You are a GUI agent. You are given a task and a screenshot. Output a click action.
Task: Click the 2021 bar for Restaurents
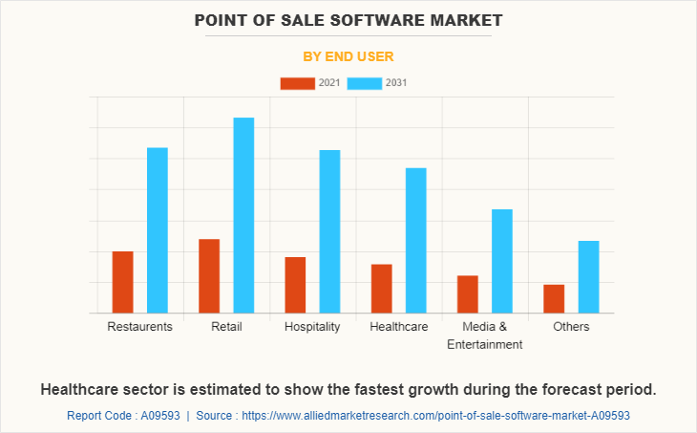122,282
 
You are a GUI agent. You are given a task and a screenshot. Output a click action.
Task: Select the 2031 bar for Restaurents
158,230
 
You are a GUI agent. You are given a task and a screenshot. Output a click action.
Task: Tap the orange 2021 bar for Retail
209,275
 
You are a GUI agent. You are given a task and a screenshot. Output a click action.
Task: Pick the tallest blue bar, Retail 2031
243,215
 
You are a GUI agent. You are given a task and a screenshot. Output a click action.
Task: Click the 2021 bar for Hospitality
295,285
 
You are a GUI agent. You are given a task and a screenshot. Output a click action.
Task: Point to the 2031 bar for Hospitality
329,231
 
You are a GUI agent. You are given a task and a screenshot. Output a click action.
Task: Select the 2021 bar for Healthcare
382,289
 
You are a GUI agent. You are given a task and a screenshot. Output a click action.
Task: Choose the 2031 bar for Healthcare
416,240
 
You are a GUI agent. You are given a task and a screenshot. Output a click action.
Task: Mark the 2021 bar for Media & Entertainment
468,294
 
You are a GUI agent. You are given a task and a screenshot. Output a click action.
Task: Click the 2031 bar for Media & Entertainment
502,261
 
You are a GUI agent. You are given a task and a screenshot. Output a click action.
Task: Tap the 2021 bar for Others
554,298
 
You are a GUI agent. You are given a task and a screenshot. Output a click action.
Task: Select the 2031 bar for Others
588,276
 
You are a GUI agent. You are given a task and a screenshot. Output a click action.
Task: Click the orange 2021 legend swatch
297,83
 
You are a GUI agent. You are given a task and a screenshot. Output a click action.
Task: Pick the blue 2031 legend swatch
365,83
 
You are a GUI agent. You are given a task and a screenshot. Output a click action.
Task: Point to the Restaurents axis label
139,327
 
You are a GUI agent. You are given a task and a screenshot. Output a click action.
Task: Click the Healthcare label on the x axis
398,327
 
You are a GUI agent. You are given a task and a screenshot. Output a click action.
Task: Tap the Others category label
571,327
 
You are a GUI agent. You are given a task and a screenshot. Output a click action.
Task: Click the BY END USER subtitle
348,57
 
